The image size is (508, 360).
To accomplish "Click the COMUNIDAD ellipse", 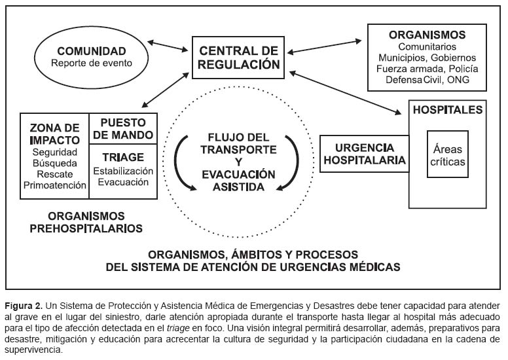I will coord(91,57).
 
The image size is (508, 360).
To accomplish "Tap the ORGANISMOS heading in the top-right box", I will coord(427,35).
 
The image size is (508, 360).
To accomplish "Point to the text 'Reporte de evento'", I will coord(91,63).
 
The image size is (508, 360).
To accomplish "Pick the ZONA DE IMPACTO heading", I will coord(54,134).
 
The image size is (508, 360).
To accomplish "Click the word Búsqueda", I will coord(54,164).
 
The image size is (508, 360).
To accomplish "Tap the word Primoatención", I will coord(54,185).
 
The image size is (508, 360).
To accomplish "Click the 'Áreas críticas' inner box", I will coord(448,154).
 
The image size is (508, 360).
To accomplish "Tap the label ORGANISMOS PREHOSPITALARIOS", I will coord(96,221).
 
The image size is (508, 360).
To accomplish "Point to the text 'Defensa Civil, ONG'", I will coord(427,81).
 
